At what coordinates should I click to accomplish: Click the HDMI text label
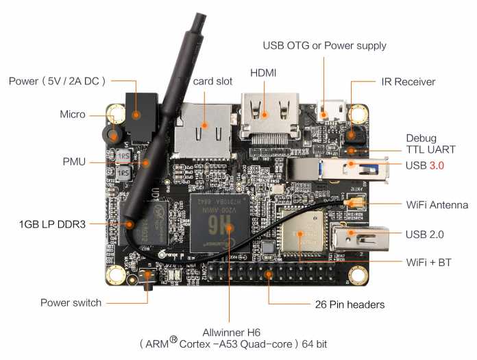263,73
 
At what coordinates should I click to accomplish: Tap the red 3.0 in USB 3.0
437,165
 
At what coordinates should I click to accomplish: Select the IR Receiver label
408,82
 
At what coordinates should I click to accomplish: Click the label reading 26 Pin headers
350,304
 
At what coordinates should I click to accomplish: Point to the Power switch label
71,303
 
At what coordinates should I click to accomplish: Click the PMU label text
74,162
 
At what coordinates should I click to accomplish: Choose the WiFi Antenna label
437,205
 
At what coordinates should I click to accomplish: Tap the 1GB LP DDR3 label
52,225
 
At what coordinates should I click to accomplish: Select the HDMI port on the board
269,117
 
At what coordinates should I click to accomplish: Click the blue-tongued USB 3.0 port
338,169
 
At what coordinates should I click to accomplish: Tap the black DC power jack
141,118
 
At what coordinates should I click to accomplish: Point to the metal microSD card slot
202,131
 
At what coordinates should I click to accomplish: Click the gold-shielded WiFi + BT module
301,231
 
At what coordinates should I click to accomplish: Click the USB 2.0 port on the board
360,237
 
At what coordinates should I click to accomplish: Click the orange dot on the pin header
269,274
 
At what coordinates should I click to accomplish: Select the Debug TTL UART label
431,144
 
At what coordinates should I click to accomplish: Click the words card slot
212,82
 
